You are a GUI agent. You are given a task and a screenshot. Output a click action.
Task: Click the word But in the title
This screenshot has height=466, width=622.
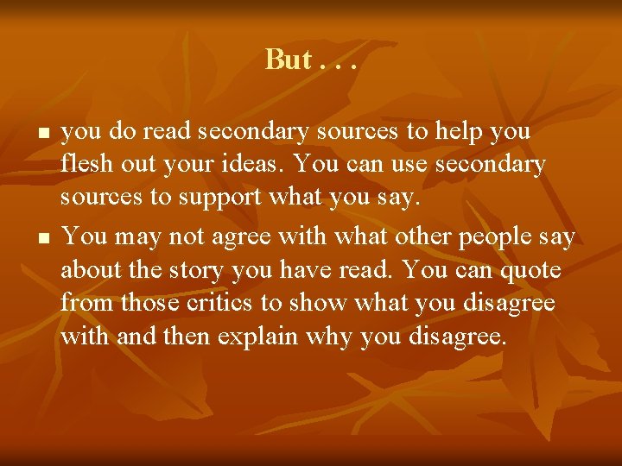click(288, 60)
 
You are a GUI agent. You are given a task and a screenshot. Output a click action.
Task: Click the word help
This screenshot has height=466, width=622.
click(461, 132)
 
